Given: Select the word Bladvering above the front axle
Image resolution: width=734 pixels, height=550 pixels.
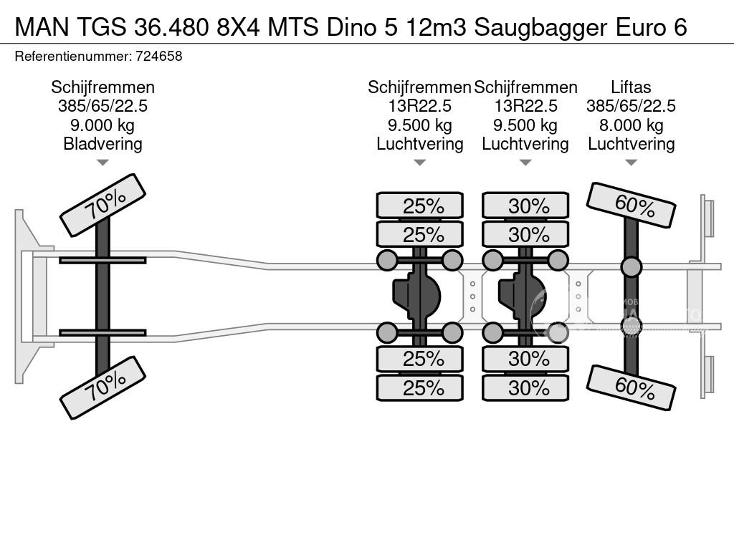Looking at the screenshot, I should pos(103,144).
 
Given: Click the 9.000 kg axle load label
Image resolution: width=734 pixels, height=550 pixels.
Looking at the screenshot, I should pos(103,125).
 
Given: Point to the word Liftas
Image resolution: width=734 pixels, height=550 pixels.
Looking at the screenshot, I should pos(631,87).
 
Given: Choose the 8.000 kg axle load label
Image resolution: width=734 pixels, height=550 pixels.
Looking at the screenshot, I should pos(631,125).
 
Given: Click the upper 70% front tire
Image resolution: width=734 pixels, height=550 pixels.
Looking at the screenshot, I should pos(103,205).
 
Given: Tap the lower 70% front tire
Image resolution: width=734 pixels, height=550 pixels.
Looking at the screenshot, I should pos(103,387).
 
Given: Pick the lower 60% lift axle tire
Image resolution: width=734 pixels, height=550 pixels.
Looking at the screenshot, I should pos(631,387).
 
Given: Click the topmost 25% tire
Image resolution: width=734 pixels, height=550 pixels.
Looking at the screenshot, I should pos(420,206).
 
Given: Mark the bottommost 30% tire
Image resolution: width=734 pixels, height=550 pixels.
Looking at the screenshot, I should pos(525,388).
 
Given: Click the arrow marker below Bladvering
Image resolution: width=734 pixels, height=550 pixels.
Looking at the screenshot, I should pos(103,163).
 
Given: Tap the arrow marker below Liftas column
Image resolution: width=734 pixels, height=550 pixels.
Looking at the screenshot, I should pos(631,163).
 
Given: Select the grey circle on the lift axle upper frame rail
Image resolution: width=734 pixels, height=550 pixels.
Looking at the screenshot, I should pos(631,267).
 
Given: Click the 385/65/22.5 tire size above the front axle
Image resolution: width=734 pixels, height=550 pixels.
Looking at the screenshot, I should pos(103,107).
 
